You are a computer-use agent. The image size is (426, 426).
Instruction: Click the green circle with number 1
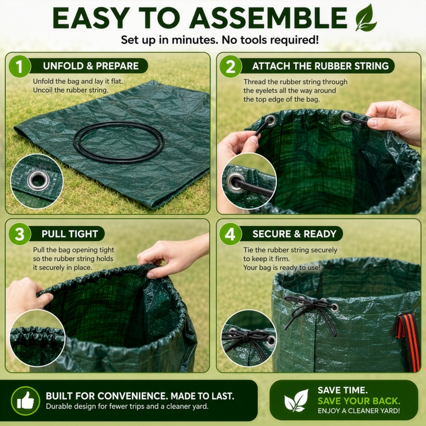pos(20,66)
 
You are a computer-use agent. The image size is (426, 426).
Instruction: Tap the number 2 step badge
pos(231,66)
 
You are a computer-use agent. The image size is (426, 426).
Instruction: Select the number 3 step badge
pos(20,234)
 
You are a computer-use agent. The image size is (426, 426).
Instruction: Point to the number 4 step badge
pos(231,234)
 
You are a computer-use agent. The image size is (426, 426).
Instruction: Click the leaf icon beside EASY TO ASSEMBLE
pos(366,18)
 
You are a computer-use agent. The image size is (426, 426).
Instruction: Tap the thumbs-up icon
pos(26,401)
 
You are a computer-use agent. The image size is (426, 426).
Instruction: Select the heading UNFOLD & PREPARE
pos(91,66)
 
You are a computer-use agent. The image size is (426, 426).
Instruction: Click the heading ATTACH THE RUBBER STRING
pos(321,66)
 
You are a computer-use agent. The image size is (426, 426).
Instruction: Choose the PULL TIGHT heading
pos(70,234)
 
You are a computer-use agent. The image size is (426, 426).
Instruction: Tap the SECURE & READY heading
pos(294,234)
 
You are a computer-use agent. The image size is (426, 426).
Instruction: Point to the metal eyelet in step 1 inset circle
pos(38,181)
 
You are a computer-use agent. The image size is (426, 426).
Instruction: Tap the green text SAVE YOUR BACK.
pos(358,401)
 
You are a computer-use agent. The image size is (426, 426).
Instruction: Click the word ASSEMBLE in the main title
pos(268,18)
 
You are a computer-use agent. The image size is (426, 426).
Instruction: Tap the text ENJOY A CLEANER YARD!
pos(358,411)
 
